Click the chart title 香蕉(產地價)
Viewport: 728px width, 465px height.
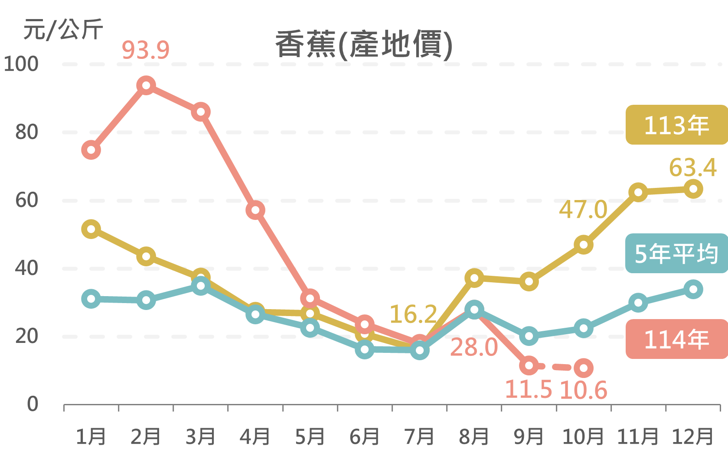[x=364, y=45]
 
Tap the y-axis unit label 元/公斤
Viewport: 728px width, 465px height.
[x=63, y=30]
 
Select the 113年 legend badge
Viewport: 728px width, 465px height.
[x=676, y=125]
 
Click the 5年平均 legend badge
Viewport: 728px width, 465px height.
[x=676, y=253]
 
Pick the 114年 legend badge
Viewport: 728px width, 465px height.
[x=676, y=339]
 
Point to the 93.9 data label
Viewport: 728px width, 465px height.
[x=146, y=50]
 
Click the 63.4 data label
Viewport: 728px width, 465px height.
[x=692, y=168]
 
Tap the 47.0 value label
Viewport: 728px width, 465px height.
[x=583, y=210]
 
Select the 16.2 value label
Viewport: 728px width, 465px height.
[x=413, y=314]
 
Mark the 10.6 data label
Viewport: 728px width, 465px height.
[x=583, y=390]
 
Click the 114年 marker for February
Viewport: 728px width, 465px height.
[x=146, y=85]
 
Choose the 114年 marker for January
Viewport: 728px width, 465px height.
[x=91, y=150]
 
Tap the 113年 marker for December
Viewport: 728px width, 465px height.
[x=693, y=189]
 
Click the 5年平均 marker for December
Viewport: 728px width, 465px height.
[x=693, y=289]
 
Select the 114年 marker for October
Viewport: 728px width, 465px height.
[x=584, y=368]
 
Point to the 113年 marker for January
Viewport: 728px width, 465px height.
[x=91, y=229]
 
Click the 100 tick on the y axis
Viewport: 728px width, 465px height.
[x=21, y=64]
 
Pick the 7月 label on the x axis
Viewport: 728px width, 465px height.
[x=419, y=436]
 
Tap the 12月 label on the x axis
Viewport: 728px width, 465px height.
[x=692, y=436]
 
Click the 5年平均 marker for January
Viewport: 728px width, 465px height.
[x=91, y=299]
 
